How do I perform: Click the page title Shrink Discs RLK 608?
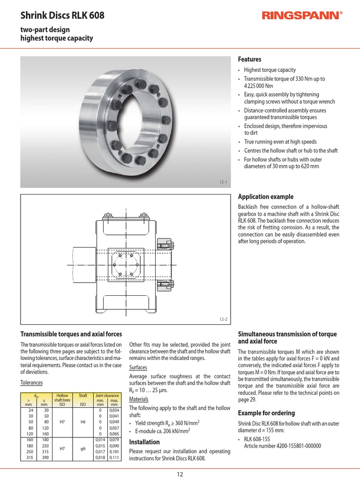coord(62,16)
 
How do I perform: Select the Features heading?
coord(250,60)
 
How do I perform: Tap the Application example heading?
coord(266,197)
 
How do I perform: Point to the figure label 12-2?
coord(223,319)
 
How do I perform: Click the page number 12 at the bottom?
coord(180,474)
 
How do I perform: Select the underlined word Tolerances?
coord(31,382)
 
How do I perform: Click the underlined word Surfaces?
coord(138,367)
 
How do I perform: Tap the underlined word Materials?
coord(139,399)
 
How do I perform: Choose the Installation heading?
coord(144,442)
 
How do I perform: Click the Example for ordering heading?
coord(266,413)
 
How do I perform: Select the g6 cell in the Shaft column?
coord(83,448)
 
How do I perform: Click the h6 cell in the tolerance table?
coord(83,421)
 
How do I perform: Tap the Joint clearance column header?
coord(108,396)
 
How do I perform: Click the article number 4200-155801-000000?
coord(282,446)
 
